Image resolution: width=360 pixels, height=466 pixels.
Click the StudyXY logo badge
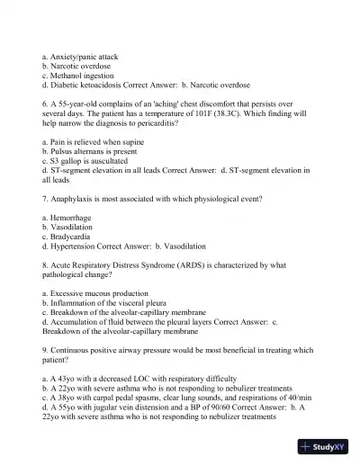(x=328, y=447)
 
